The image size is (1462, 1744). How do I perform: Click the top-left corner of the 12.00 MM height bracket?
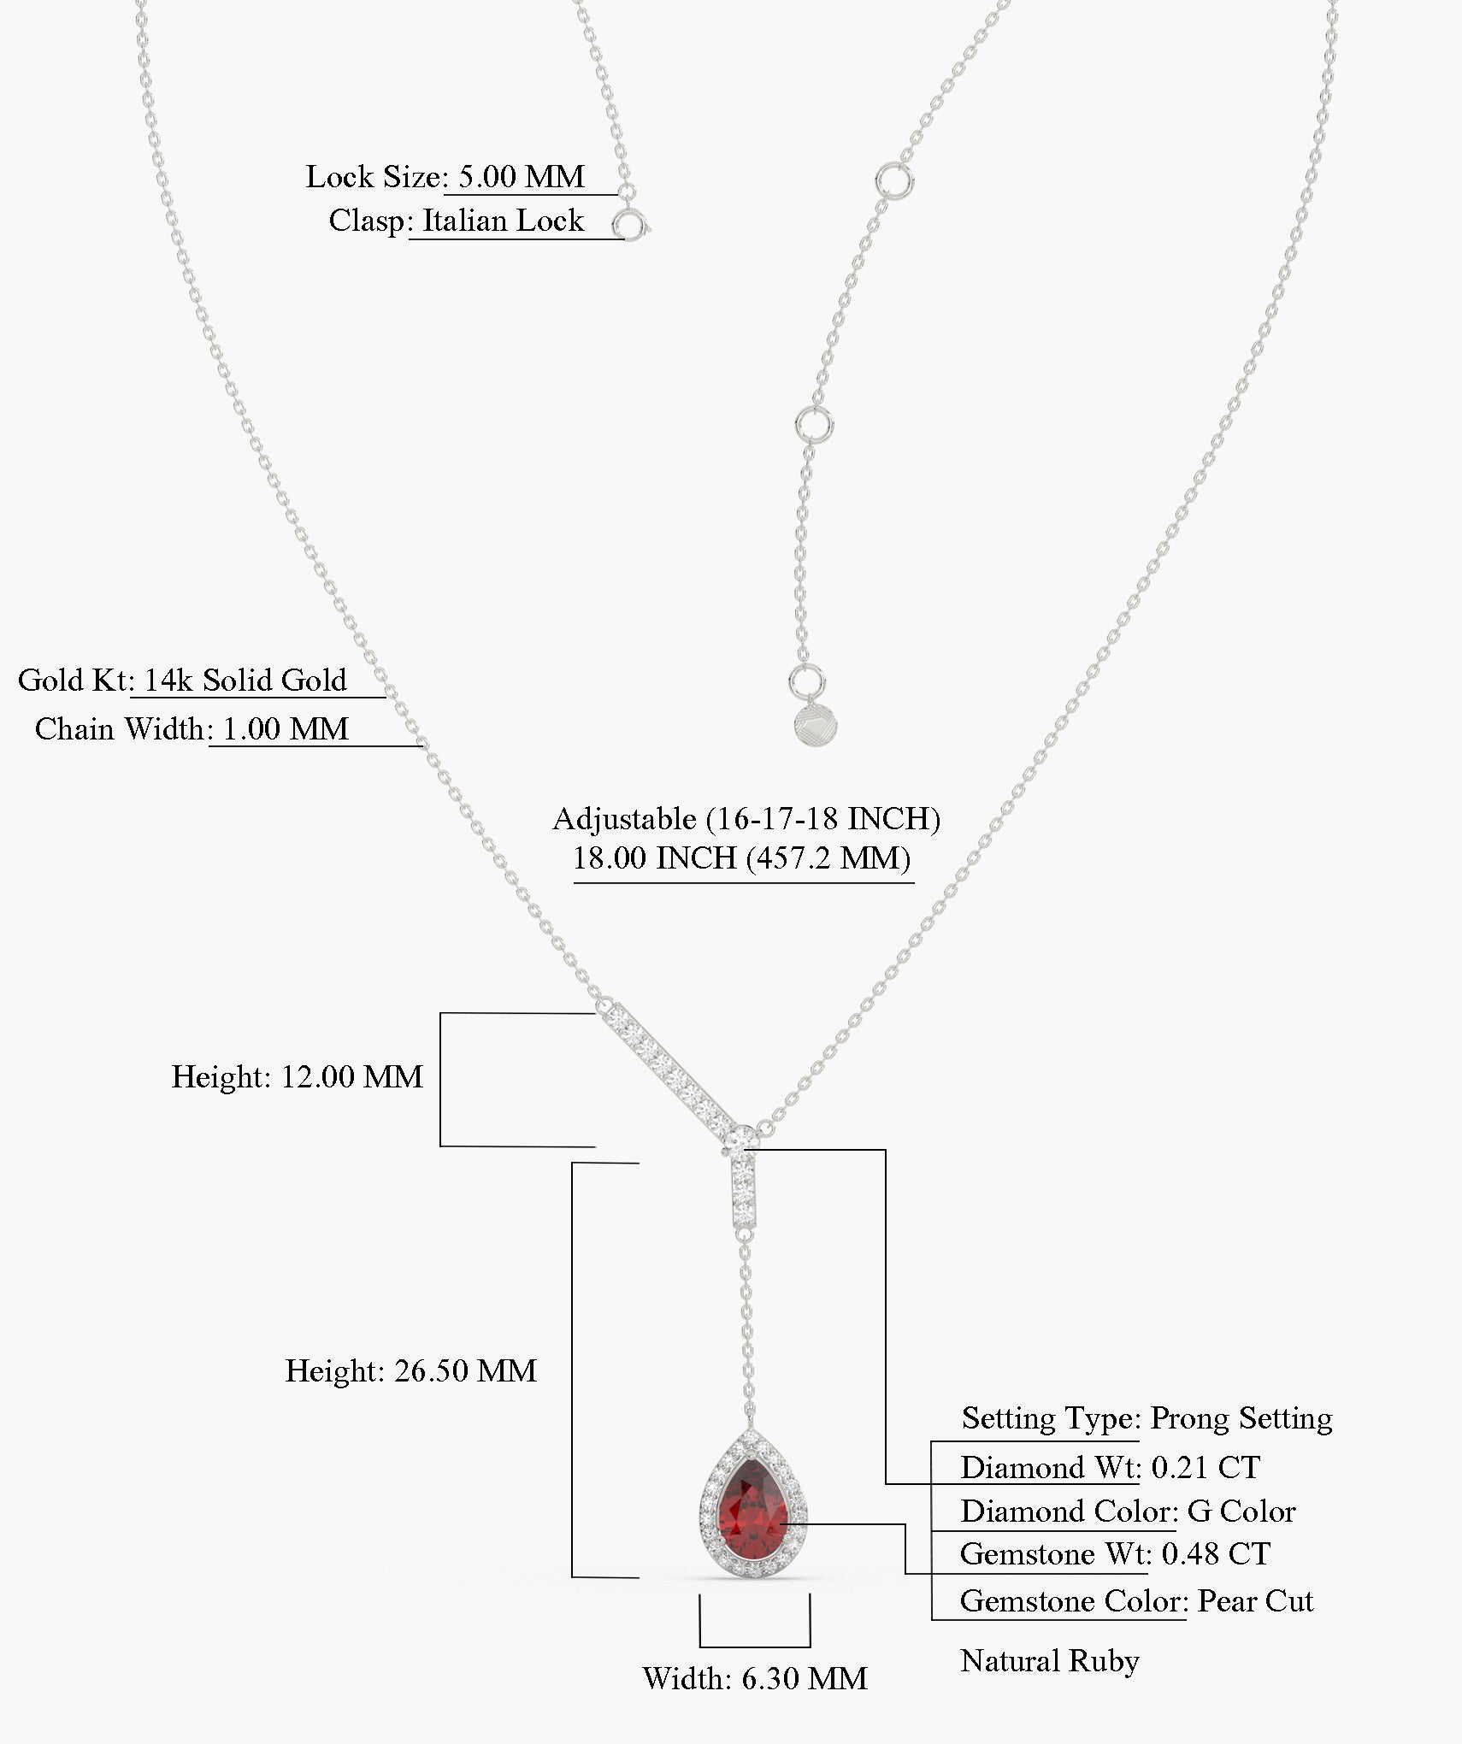440,1014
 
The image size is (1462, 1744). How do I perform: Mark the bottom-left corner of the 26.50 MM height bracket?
572,1576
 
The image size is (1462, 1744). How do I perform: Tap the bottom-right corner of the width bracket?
810,1647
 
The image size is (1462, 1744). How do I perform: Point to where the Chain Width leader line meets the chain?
423,746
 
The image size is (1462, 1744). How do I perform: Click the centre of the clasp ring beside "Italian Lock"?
630,227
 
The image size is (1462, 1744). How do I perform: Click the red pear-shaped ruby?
752,1508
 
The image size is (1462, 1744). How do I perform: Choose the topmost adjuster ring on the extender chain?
894,180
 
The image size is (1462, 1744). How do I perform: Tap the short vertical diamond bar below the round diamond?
745,1192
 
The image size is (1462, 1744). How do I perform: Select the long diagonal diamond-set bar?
668,1064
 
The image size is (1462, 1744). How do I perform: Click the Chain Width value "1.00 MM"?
286,729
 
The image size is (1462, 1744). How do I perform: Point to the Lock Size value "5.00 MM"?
522,177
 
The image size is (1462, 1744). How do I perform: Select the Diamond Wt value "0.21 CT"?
1206,1467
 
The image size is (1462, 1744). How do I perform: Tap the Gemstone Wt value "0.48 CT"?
1216,1553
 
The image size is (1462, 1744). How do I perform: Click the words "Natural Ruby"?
1050,1660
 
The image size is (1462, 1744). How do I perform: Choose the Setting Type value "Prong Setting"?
1241,1418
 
